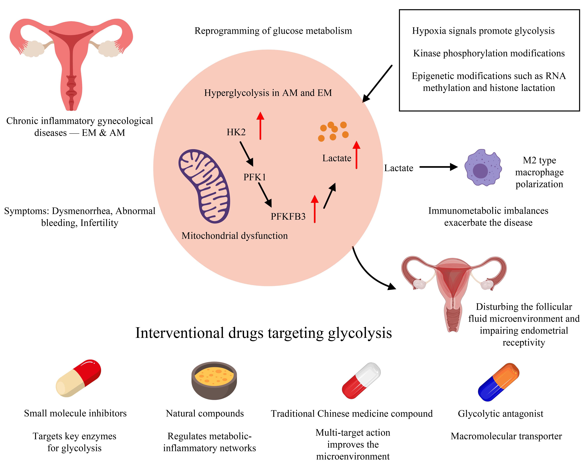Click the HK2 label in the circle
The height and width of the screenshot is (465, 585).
click(x=236, y=132)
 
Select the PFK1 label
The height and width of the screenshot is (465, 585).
click(x=254, y=177)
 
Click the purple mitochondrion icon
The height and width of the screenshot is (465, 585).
click(x=204, y=186)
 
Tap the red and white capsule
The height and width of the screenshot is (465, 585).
click(x=361, y=381)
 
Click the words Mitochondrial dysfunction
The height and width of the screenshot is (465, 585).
click(x=234, y=236)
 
